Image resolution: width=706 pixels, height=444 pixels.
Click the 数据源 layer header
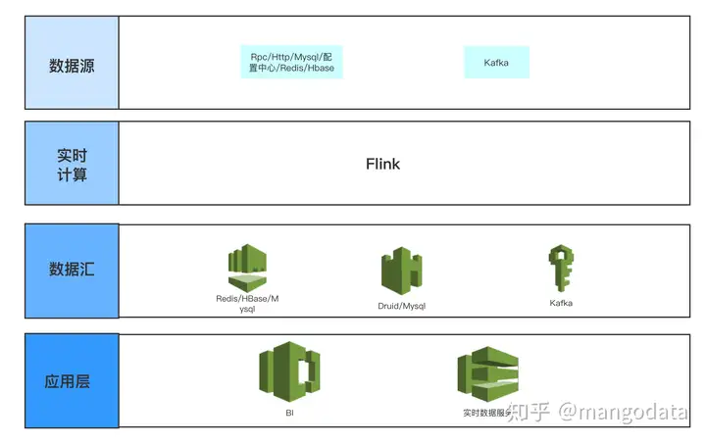coord(72,66)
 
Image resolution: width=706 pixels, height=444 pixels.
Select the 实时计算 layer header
coord(72,163)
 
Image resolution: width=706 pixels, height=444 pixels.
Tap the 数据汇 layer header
coord(72,271)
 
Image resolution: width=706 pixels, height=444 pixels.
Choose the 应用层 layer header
coord(72,381)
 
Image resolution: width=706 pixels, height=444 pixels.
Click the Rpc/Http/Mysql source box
coord(292,63)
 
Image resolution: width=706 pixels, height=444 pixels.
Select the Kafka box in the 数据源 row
coord(496,63)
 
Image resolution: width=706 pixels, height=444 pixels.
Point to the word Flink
coord(382,164)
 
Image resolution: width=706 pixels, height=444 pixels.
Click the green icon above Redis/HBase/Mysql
coord(247,268)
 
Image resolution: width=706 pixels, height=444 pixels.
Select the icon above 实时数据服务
coord(487,374)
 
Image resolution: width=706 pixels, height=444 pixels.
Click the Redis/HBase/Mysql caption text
coord(247,304)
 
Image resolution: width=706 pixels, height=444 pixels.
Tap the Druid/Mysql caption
coord(402,307)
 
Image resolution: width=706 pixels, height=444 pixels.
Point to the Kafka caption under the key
coord(561,304)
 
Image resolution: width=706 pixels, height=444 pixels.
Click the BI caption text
coord(290,413)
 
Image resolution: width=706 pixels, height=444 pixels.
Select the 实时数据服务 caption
coord(486,414)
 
